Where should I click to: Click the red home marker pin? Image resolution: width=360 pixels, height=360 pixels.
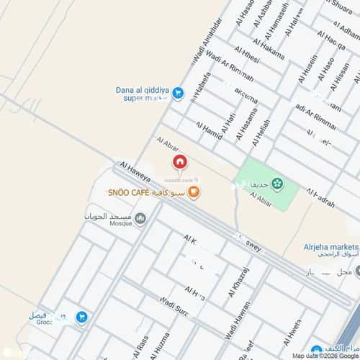click(179, 162)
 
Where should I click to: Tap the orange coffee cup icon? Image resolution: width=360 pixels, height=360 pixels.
click(194, 192)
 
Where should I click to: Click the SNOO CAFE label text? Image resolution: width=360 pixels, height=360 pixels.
click(129, 193)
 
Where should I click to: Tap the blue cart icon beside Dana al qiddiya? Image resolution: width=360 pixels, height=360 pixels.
click(178, 92)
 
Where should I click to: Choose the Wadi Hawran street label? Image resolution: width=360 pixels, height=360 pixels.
click(228, 328)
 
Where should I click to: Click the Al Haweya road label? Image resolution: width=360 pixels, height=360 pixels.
click(135, 169)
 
